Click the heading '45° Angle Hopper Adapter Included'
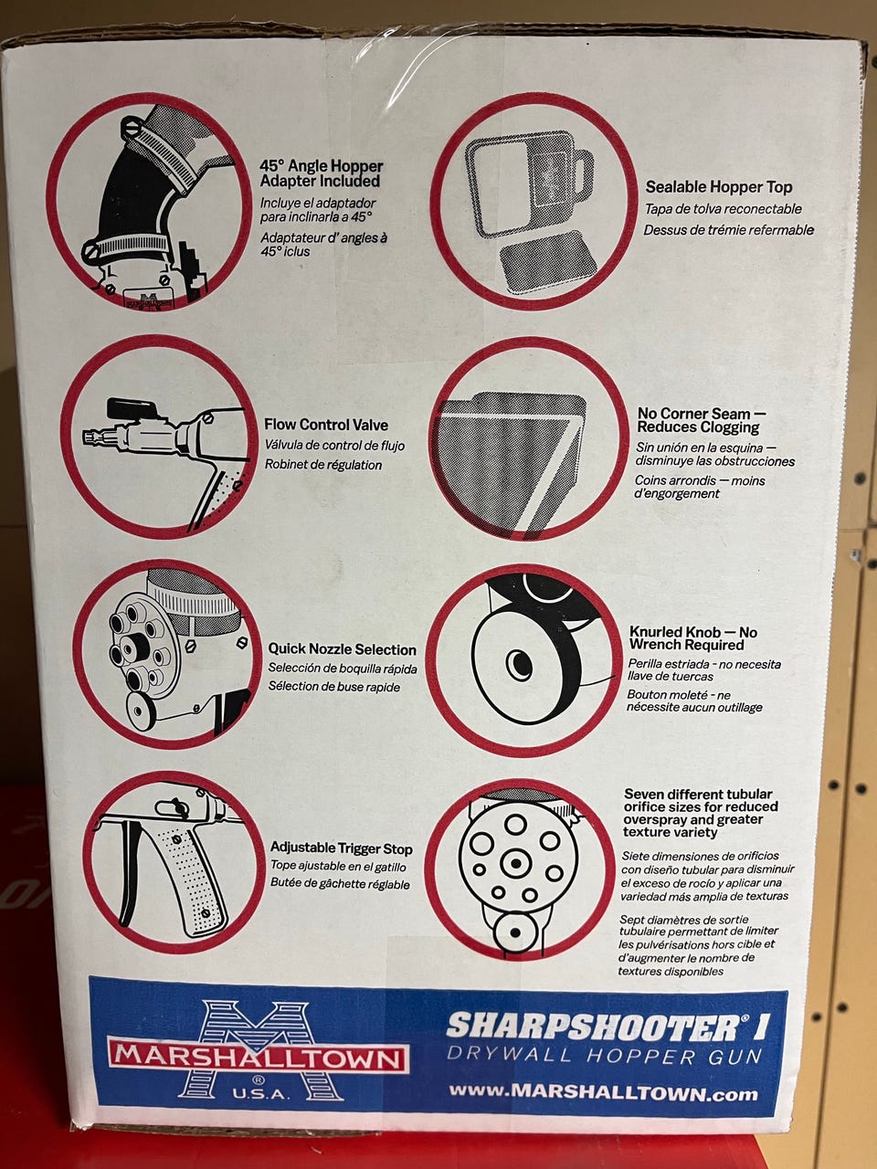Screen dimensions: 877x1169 tap(322, 174)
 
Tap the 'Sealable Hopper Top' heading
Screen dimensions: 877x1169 tap(719, 187)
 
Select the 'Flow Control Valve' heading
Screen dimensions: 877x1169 tap(326, 425)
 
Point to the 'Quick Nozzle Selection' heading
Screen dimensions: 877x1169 tap(342, 648)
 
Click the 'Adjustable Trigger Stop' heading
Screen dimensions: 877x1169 tap(342, 847)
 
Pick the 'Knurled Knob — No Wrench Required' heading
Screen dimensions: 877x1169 tap(692, 638)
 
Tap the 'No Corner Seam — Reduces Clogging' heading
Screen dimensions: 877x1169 tap(702, 420)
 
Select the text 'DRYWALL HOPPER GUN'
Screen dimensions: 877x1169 tap(605, 1056)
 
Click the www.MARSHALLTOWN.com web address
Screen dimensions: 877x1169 tap(603, 1092)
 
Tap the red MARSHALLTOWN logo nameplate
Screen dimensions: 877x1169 tap(258, 1058)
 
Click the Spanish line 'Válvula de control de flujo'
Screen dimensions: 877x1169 tap(334, 446)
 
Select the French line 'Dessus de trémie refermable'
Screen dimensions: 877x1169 tap(728, 229)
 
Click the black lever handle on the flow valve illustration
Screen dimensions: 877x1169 tap(132, 408)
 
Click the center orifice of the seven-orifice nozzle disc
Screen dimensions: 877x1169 tap(515, 862)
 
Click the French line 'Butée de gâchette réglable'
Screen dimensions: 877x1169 tap(340, 883)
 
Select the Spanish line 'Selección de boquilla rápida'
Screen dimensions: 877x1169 tap(343, 668)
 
